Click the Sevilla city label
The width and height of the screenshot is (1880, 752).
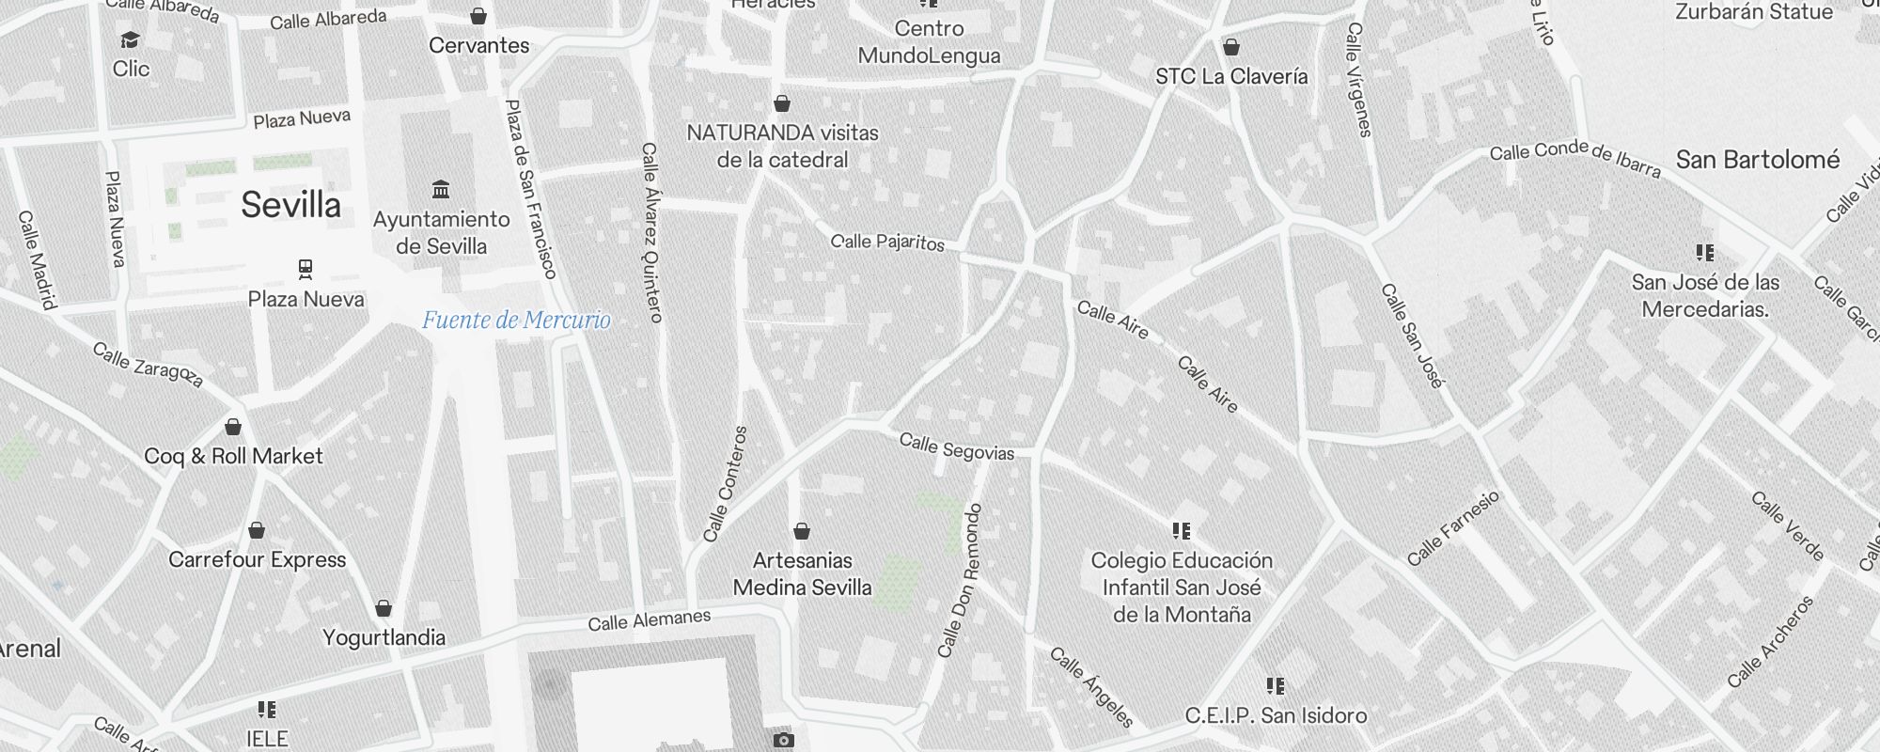pos(290,205)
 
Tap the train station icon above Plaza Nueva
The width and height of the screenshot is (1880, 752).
pos(305,270)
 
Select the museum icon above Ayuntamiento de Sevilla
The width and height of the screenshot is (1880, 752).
pos(441,190)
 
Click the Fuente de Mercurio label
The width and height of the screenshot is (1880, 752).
pos(516,321)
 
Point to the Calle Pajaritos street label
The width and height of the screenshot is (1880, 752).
pos(887,242)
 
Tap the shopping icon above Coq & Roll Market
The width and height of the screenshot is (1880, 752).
pos(233,428)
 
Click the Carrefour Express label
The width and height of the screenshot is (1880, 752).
pos(258,560)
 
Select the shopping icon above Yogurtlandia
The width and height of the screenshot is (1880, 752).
pos(384,608)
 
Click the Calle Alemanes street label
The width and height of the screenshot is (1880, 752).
pos(649,620)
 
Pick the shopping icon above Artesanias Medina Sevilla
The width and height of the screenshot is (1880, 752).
pos(802,532)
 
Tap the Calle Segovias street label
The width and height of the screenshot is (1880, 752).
pos(957,447)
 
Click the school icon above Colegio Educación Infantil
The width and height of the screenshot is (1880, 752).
pos(1182,531)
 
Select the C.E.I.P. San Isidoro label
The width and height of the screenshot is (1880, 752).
pos(1276,716)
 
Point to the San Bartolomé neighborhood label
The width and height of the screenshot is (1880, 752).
pos(1758,160)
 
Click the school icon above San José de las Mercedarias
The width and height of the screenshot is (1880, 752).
pos(1704,253)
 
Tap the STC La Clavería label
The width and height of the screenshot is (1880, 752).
pos(1231,77)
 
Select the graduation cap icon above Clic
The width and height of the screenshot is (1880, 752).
pos(130,40)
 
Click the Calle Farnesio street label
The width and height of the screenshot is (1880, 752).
pos(1453,528)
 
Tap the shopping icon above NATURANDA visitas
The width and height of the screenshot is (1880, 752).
pos(782,103)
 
